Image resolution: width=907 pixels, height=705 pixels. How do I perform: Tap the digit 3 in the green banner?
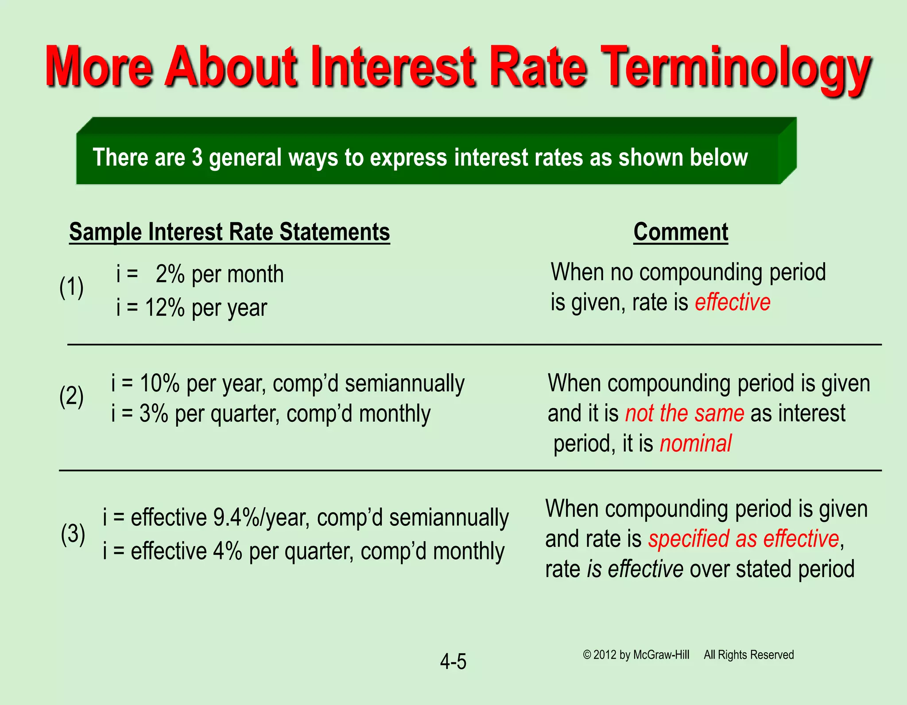[197, 158]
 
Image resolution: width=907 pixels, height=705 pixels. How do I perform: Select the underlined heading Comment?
[680, 232]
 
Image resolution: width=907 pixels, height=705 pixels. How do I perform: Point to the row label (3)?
[73, 534]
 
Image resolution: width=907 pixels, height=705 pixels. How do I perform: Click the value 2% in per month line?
[170, 274]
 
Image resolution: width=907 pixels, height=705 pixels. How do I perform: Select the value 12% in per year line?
[164, 308]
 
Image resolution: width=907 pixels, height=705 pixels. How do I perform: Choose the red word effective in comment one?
[733, 302]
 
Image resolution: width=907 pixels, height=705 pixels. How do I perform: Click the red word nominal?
[695, 443]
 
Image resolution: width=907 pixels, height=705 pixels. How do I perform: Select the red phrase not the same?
[684, 413]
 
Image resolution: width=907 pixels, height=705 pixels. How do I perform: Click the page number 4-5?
[453, 662]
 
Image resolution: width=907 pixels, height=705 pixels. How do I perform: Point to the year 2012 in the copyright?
[605, 655]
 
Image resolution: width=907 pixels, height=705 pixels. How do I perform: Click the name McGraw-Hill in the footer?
[661, 655]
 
